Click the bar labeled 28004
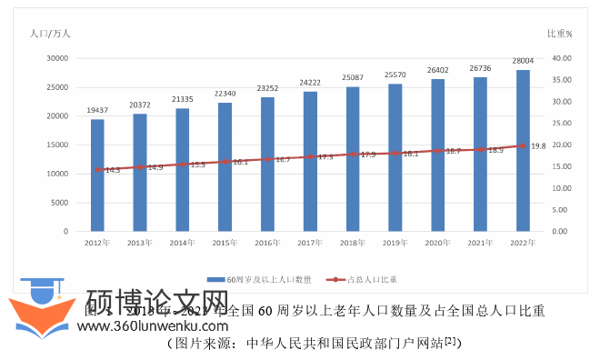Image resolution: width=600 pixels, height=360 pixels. coord(523,151)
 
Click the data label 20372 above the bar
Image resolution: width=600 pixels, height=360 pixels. coord(139,105)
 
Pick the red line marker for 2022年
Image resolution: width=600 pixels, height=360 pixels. coord(523,145)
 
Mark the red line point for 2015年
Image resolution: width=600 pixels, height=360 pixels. coord(225,162)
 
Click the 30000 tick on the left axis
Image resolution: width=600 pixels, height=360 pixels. coord(57,57)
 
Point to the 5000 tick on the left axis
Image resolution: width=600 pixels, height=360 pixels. coord(60,203)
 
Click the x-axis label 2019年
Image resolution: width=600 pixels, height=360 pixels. coord(395,243)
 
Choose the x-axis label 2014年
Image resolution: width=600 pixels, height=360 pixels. coord(182,243)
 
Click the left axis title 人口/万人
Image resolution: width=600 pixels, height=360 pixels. coord(51,34)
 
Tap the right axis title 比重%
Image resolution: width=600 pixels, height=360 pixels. coord(559,34)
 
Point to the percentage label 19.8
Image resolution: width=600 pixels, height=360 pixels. coord(538,145)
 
